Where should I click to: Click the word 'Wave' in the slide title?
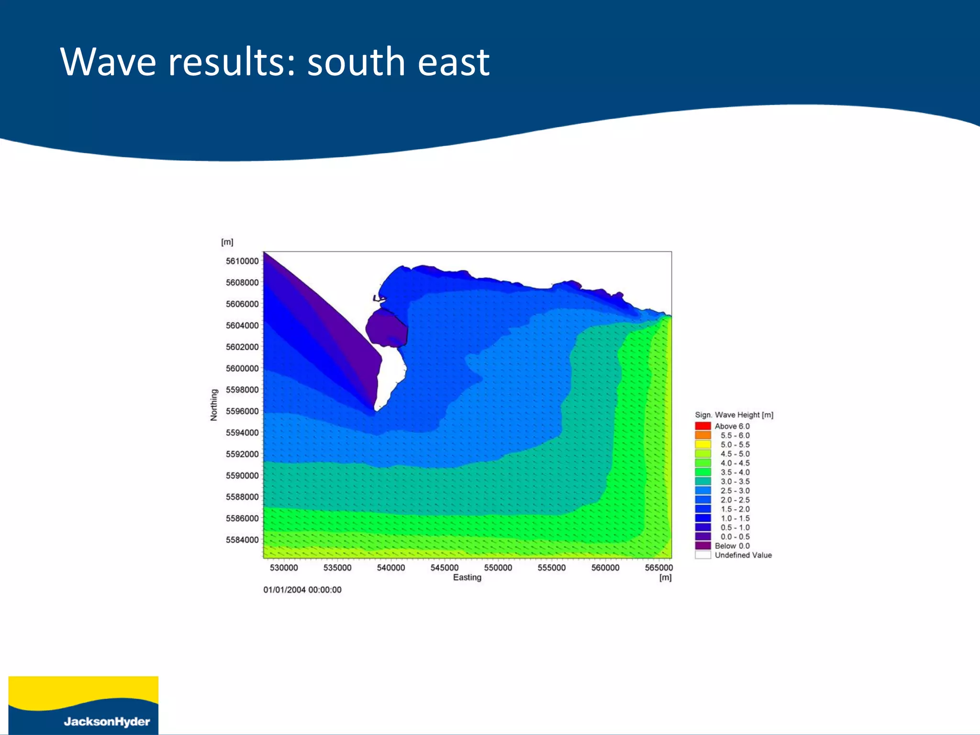pyautogui.click(x=108, y=62)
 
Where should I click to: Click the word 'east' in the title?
pyautogui.click(x=453, y=63)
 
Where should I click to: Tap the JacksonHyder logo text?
pyautogui.click(x=107, y=721)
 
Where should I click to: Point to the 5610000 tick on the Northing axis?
pyautogui.click(x=242, y=261)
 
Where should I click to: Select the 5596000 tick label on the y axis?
pyautogui.click(x=242, y=411)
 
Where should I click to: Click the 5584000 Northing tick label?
pyautogui.click(x=242, y=540)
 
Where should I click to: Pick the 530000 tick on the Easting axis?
pyautogui.click(x=284, y=568)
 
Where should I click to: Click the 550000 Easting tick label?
pyautogui.click(x=498, y=568)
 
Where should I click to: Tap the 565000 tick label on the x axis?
pyautogui.click(x=658, y=568)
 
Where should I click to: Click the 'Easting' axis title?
pyautogui.click(x=467, y=577)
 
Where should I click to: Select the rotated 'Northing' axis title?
pyautogui.click(x=214, y=405)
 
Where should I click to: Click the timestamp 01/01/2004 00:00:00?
pyautogui.click(x=302, y=590)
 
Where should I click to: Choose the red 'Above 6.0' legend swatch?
pyautogui.click(x=702, y=426)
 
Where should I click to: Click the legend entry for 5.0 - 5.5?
pyautogui.click(x=735, y=445)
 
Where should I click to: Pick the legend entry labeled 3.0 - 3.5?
pyautogui.click(x=735, y=481)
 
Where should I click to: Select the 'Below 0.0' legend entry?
pyautogui.click(x=732, y=546)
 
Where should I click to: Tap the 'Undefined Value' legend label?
pyautogui.click(x=743, y=555)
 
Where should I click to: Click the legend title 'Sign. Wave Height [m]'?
pyautogui.click(x=734, y=415)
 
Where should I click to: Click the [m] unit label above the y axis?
pyautogui.click(x=227, y=242)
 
